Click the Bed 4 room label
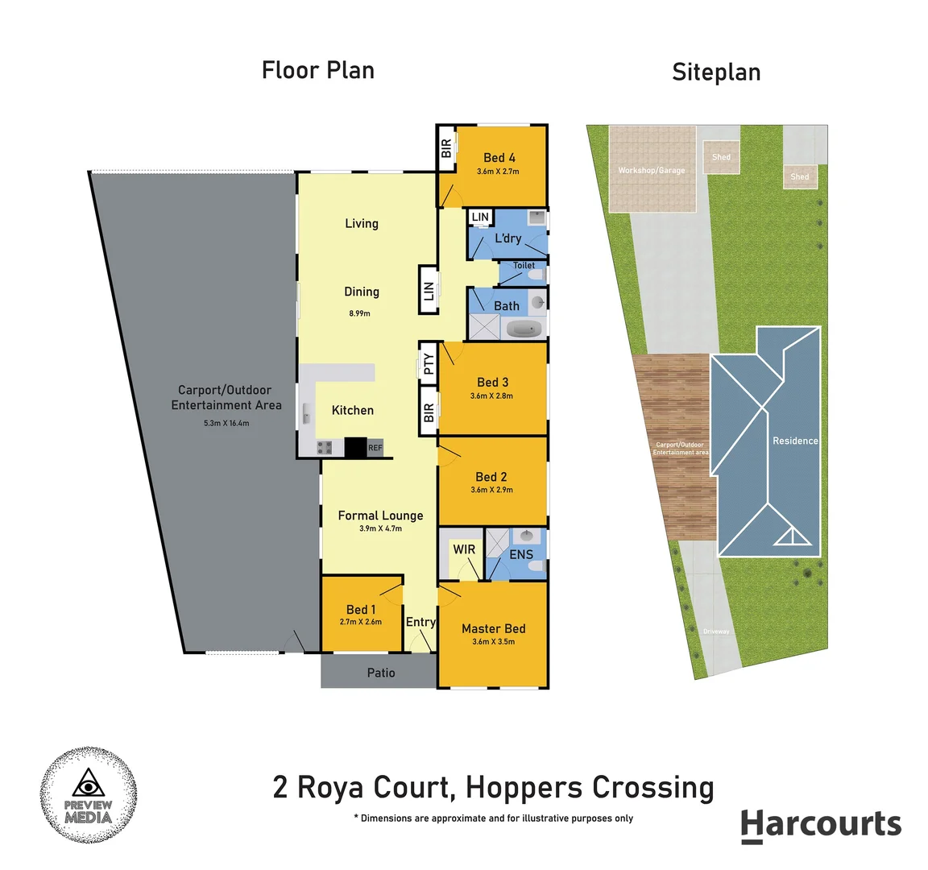(x=499, y=158)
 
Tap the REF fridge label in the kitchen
(x=375, y=448)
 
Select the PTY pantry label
(x=429, y=365)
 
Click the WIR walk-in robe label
(x=464, y=549)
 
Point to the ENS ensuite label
(x=521, y=554)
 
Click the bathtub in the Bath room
(x=524, y=329)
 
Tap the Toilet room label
(x=524, y=265)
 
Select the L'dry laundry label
(x=507, y=238)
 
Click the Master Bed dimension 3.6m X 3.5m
(x=493, y=642)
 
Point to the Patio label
(x=381, y=673)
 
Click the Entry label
(x=420, y=622)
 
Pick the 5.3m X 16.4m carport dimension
(x=226, y=423)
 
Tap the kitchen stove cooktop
(x=325, y=447)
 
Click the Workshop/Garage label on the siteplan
(x=651, y=171)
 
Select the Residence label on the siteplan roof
(x=795, y=441)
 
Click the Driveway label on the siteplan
(x=716, y=632)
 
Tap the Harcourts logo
(x=820, y=825)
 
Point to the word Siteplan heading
(x=716, y=72)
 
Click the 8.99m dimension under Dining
(x=359, y=313)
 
